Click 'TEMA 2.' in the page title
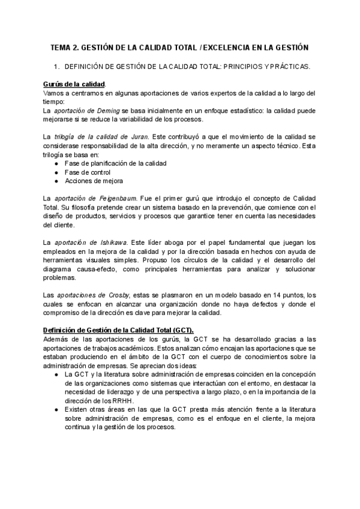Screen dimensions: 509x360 (64, 47)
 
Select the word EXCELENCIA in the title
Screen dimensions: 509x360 (233, 47)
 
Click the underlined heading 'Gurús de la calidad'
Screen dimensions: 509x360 (74, 84)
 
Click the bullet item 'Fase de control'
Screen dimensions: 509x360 (88, 172)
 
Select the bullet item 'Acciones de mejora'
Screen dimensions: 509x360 (94, 181)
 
